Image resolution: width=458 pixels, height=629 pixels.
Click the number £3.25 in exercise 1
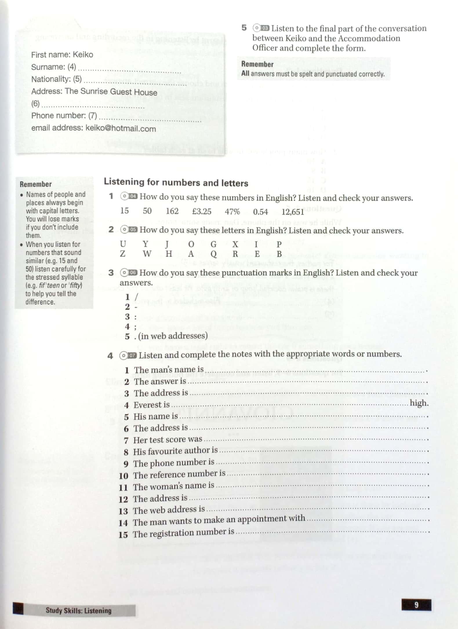pos(201,211)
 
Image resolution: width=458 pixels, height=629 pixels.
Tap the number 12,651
pos(292,212)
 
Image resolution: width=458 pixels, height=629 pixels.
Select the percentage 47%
pos(232,212)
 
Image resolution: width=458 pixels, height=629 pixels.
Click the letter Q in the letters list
pos(214,254)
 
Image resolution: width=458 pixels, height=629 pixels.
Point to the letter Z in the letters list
pos(123,254)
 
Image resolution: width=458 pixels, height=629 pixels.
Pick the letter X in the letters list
pos(235,244)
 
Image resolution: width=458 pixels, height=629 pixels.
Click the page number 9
pos(416,605)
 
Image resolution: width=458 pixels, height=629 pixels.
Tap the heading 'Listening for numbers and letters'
pos(176,182)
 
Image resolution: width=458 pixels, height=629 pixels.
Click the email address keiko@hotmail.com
pos(121,128)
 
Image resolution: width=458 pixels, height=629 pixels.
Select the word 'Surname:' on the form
pos(48,67)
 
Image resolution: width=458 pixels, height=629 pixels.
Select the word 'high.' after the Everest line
pos(419,403)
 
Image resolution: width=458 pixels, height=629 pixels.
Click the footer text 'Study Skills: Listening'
pos(78,611)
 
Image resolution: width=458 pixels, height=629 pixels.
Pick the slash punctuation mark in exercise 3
pos(136,297)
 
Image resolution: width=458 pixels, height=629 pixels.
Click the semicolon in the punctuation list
pos(135,327)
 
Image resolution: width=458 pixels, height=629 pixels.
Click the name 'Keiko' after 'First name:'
pos(83,54)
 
